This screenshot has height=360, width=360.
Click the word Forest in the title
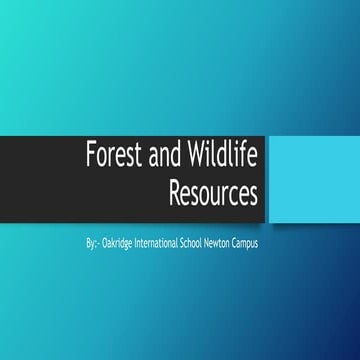coord(110,158)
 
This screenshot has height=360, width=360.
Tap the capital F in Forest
coord(87,158)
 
